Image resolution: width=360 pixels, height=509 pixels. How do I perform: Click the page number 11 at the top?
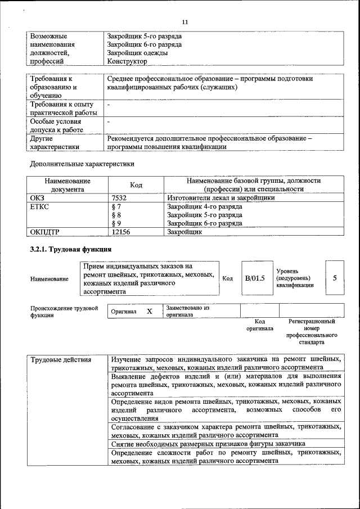pos(184,22)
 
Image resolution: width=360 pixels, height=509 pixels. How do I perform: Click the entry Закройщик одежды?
pos(137,53)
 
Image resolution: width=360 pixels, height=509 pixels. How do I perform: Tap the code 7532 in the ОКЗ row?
pos(120,198)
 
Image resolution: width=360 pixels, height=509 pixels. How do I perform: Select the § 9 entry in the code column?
pos(117,223)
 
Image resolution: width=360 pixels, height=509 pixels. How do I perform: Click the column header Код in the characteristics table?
pos(136,185)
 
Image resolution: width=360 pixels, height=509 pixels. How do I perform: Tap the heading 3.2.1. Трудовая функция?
pos(71,249)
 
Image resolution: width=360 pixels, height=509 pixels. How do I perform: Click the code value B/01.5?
pos(254,278)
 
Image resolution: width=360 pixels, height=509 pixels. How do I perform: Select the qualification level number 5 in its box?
pos(335,278)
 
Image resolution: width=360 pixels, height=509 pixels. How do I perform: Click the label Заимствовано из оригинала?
pos(187,311)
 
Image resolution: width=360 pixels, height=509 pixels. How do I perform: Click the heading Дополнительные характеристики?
pos(83,164)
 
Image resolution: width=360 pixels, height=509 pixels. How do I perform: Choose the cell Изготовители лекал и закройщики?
pos(221,198)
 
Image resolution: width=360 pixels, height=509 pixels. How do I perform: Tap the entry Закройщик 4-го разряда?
pos(205,206)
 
